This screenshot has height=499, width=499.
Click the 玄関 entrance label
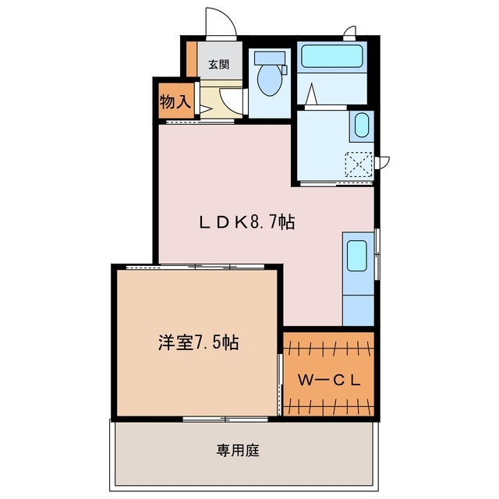(218, 65)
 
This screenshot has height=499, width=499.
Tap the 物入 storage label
(175, 101)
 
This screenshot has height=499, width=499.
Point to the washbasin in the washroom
(362, 126)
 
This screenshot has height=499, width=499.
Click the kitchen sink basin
(357, 256)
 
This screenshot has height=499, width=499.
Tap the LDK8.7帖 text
(246, 222)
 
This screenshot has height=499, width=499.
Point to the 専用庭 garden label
(237, 450)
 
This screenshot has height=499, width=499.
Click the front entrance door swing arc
(220, 22)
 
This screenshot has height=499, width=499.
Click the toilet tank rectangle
(271, 57)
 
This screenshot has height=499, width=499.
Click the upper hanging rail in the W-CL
(329, 345)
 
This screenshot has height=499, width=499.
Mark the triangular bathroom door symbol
(311, 94)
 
